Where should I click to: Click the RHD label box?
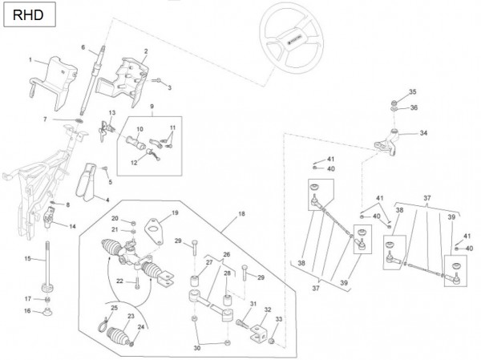tap(23, 14)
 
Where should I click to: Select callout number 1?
tap(31, 59)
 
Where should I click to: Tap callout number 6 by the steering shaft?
tap(83, 47)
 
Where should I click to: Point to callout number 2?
tap(145, 51)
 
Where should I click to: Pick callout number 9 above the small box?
tap(152, 106)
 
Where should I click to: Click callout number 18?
tap(240, 215)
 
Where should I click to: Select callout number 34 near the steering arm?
tap(424, 133)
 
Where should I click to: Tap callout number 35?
tap(413, 91)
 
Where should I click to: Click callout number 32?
tap(268, 309)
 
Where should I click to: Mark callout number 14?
tap(73, 227)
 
